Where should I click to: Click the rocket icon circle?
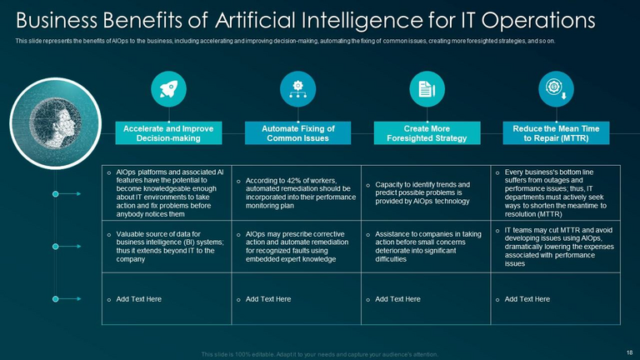168,89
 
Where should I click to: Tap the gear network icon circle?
297,89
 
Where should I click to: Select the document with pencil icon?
427,89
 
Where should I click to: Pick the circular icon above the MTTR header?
556,89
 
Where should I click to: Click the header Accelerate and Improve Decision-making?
168,133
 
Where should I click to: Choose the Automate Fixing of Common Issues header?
297,133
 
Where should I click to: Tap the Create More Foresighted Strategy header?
427,133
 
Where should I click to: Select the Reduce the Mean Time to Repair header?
556,133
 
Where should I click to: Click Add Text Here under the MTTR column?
527,298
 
